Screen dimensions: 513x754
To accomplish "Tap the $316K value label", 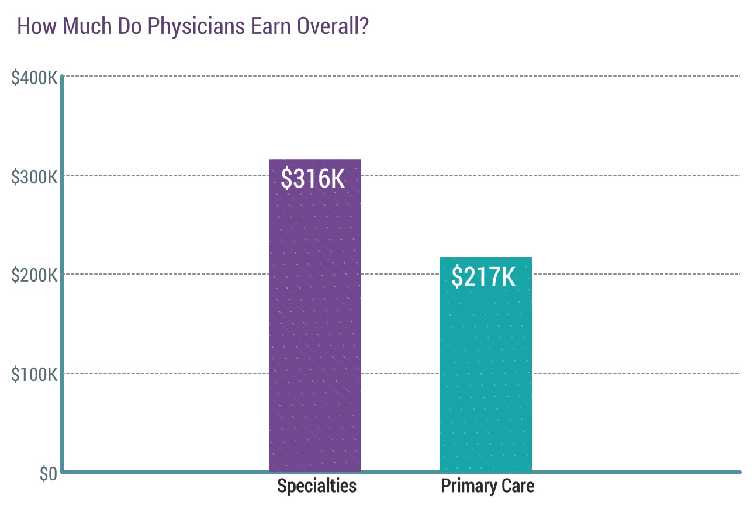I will point(313,179).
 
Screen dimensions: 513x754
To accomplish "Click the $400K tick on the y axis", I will point(34,77).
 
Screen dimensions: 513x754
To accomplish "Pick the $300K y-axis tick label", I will point(34,176).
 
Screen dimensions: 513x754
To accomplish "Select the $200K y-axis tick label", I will point(34,275).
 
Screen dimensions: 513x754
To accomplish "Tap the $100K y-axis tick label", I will point(34,375).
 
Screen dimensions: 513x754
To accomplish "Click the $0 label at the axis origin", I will point(48,474).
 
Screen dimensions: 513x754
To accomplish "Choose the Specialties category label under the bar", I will point(316,486).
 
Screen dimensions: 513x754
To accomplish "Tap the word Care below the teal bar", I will point(517,486).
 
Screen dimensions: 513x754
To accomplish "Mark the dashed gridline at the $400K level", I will point(409,76).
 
